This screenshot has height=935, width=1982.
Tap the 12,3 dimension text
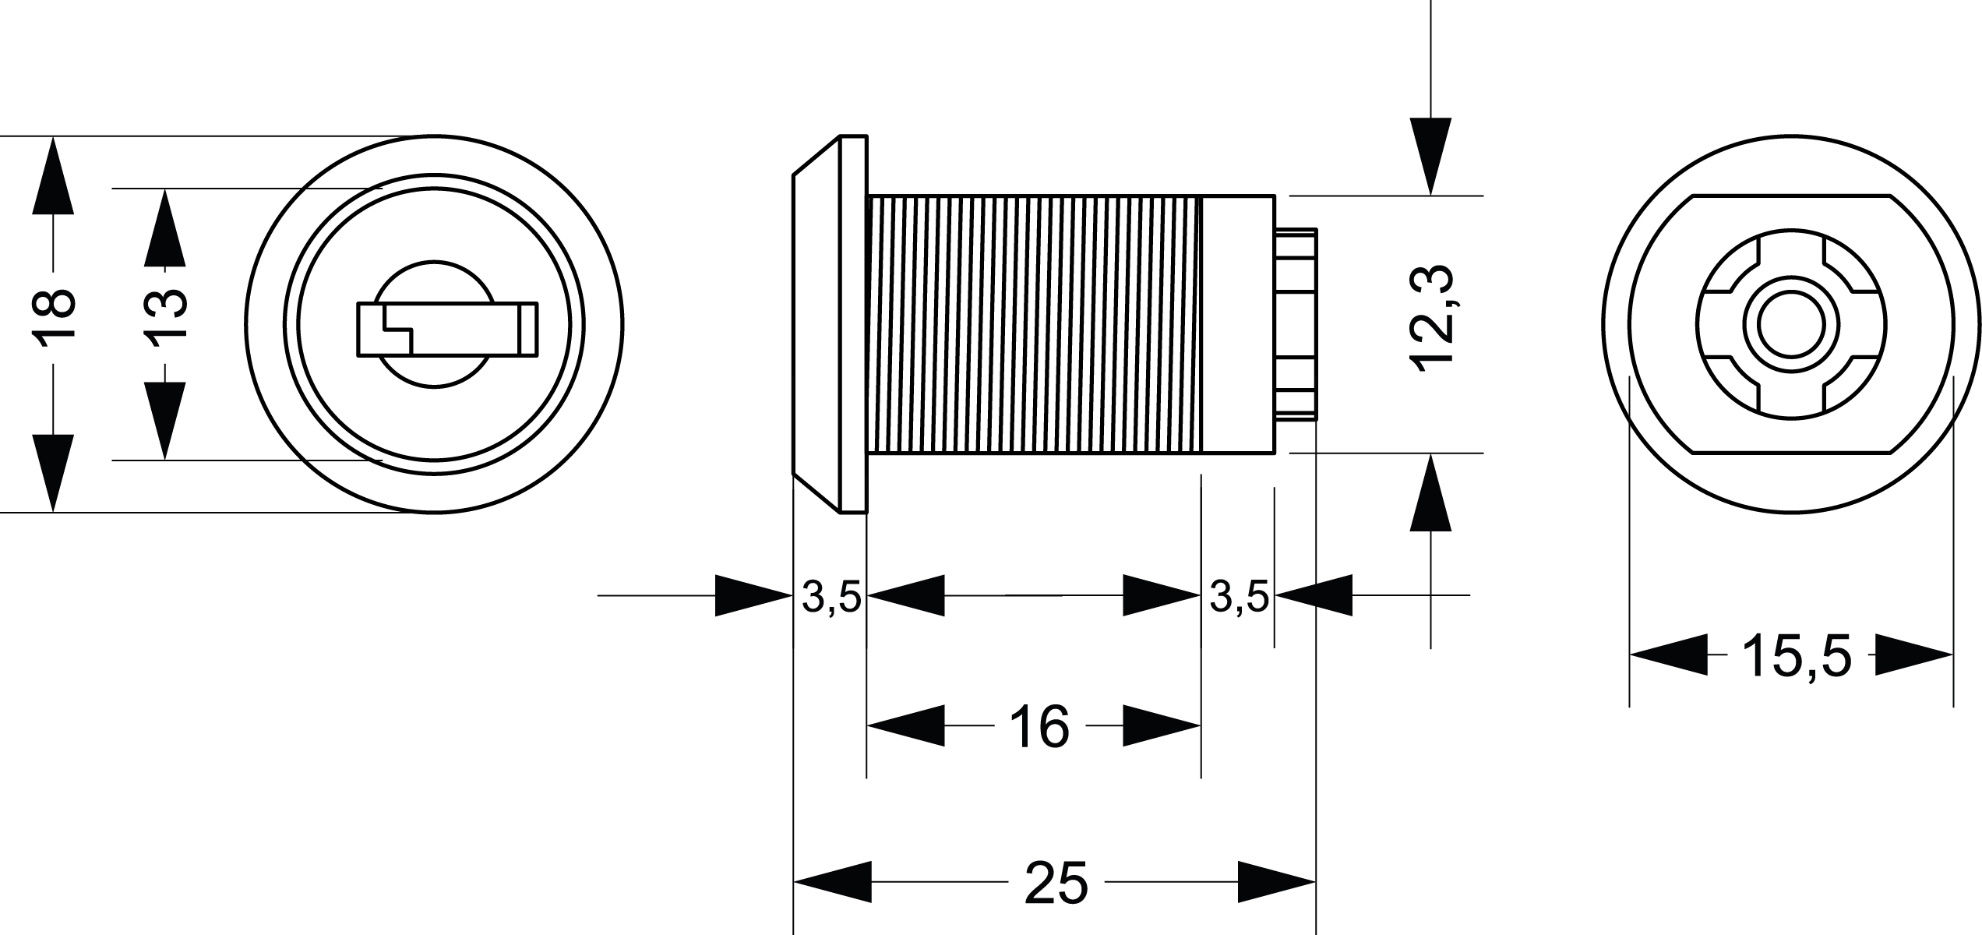tap(1433, 319)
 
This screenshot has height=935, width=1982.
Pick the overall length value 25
tap(1056, 883)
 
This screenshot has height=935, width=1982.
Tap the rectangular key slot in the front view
tap(446, 330)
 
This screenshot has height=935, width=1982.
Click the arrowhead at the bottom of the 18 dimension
tap(53, 472)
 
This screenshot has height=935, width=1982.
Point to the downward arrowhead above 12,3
tap(1430, 156)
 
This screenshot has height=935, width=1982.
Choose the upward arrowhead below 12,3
tap(1430, 492)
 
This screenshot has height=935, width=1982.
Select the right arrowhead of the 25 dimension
tap(1277, 882)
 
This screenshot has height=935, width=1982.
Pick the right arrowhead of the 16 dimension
tap(1162, 726)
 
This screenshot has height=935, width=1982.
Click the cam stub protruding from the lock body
tap(1297, 323)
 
